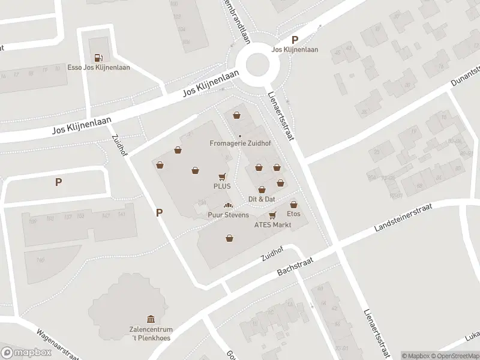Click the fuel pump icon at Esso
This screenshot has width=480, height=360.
(x=100, y=58)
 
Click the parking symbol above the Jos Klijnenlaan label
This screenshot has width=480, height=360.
(x=295, y=40)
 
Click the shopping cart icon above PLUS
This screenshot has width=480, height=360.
(x=223, y=177)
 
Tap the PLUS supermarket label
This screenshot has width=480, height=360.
(x=222, y=187)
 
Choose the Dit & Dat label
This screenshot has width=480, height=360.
(x=262, y=199)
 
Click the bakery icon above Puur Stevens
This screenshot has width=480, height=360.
(x=227, y=206)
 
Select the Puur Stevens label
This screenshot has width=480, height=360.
(x=228, y=215)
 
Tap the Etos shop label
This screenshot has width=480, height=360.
(x=293, y=214)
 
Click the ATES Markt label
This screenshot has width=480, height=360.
(x=272, y=225)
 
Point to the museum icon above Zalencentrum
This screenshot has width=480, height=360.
(x=151, y=319)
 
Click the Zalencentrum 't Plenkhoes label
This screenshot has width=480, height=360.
(x=151, y=334)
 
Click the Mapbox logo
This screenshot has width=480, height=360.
(x=26, y=352)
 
